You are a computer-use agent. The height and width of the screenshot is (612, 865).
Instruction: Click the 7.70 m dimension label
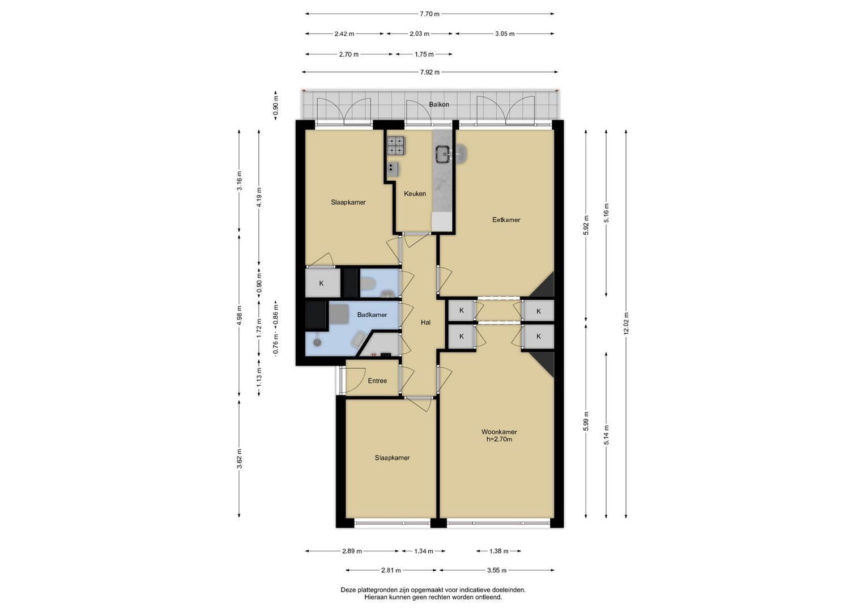pos(429,14)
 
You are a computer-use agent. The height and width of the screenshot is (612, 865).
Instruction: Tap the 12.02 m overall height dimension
pos(626,324)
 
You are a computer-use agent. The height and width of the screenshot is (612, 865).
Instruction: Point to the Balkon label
pos(439,104)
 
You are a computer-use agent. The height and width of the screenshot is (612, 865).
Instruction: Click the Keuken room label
pos(415,194)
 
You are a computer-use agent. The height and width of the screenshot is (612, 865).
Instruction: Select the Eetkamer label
pos(506,219)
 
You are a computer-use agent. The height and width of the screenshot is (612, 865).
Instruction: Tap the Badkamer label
pos(372,314)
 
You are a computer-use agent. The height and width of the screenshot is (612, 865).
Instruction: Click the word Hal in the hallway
pos(425,322)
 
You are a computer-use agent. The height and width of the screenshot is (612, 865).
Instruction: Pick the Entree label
pos(377,381)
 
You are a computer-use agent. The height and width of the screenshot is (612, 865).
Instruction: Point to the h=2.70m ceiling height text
pos(499,439)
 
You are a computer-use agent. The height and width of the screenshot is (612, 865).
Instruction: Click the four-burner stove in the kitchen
pos(396,146)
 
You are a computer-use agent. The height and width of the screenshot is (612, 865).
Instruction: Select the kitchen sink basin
pos(443,154)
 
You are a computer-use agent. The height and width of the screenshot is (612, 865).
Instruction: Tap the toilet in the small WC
pos(368,285)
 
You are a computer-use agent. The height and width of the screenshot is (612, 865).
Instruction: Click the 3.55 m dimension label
pos(497,570)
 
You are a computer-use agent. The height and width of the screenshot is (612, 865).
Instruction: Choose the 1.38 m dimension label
pos(498,551)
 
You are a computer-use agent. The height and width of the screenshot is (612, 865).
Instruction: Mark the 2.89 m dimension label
pos(352,551)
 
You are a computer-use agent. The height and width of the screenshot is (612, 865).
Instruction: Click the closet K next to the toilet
pos(321,283)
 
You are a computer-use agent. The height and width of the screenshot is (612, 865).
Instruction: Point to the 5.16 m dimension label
pos(606,213)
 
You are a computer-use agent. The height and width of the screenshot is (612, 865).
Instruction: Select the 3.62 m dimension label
pos(240,458)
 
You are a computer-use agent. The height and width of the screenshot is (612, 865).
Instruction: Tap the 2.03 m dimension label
pos(419,33)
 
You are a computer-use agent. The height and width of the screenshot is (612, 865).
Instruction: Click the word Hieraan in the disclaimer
pos(376,597)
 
